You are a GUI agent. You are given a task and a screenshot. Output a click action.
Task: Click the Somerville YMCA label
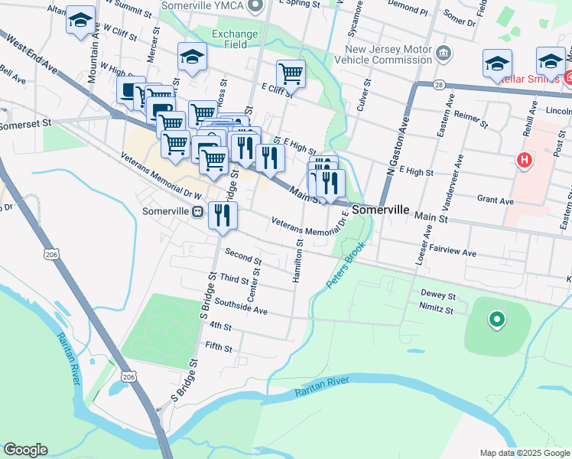click(204, 6)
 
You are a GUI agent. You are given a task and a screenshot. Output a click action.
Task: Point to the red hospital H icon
click(525, 161)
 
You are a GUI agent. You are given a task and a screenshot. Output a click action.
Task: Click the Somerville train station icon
click(197, 211)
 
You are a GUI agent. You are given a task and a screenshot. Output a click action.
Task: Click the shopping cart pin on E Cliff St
click(291, 75)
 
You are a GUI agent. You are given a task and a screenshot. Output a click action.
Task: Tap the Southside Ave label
click(240, 307)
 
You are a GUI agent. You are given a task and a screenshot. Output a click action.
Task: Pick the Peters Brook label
click(347, 266)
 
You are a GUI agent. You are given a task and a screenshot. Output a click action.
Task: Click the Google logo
click(25, 450)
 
